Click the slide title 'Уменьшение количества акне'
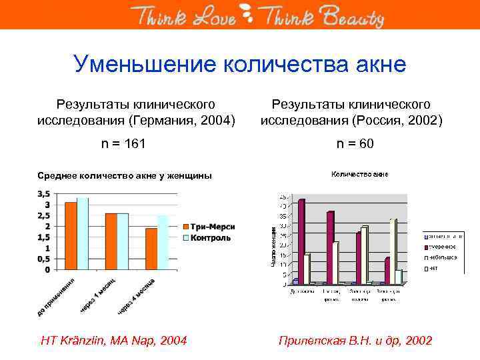[240, 65]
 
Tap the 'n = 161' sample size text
[123, 144]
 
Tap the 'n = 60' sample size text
[355, 144]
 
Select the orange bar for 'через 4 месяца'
[151, 249]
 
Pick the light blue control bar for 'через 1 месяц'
[123, 241]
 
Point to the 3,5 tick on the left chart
[42, 193]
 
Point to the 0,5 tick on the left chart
[42, 259]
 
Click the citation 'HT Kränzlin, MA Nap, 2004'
[114, 341]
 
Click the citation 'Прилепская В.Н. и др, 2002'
[354, 341]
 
